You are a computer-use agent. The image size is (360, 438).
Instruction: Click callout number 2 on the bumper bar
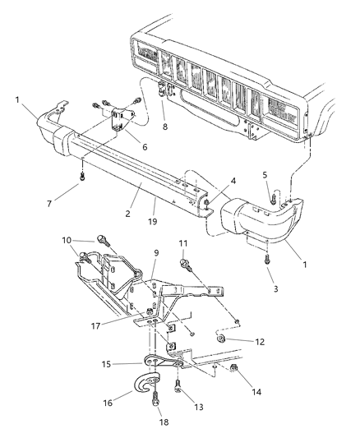point(127,213)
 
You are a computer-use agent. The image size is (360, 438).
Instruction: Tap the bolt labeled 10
point(102,241)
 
